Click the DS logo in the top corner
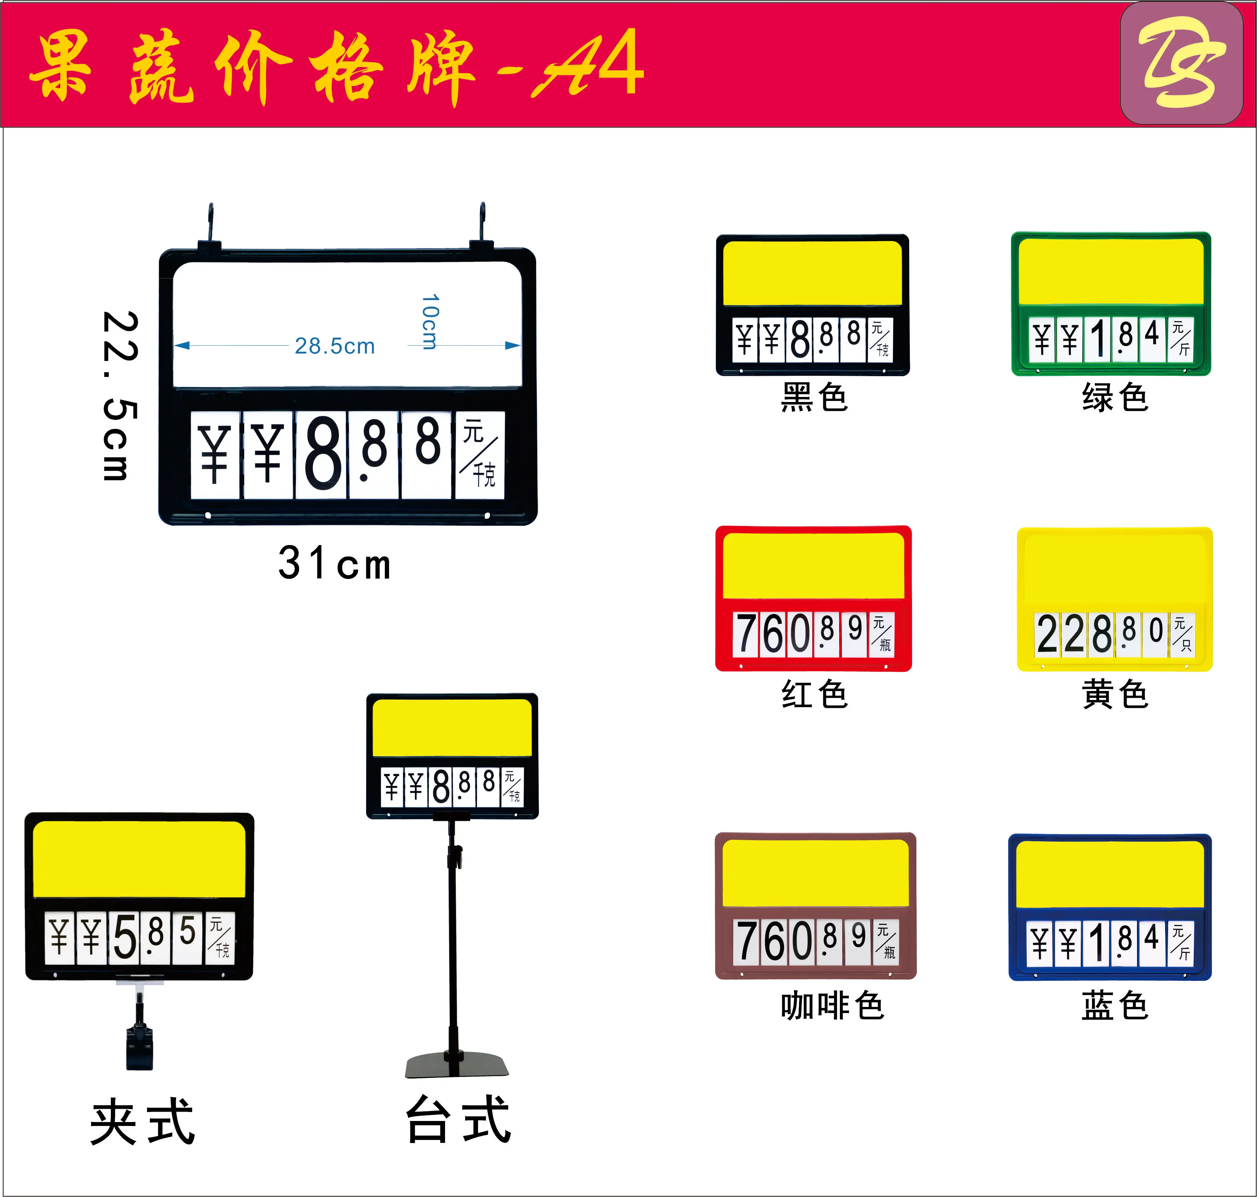pos(1181,62)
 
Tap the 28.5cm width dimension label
pos(334,346)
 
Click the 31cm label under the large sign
pos(334,563)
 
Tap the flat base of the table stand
pos(457,1065)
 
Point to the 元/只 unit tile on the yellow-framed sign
pos(1182,634)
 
